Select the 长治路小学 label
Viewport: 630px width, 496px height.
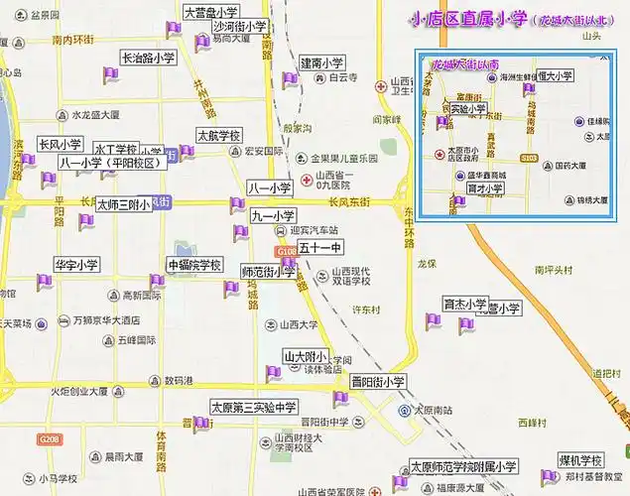click(148, 59)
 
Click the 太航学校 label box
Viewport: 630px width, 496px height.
click(218, 136)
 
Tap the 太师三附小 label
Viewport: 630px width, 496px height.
click(123, 204)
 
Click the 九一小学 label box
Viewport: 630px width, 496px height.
click(273, 215)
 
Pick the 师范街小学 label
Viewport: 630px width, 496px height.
click(268, 271)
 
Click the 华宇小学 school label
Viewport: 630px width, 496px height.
click(76, 265)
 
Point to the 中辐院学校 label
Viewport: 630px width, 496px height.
click(194, 265)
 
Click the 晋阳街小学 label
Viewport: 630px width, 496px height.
click(378, 382)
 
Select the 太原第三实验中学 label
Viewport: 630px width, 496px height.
click(254, 407)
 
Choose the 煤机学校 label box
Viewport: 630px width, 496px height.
click(580, 461)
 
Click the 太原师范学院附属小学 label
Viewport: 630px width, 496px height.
click(463, 466)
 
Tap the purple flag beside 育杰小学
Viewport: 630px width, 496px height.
click(433, 320)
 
